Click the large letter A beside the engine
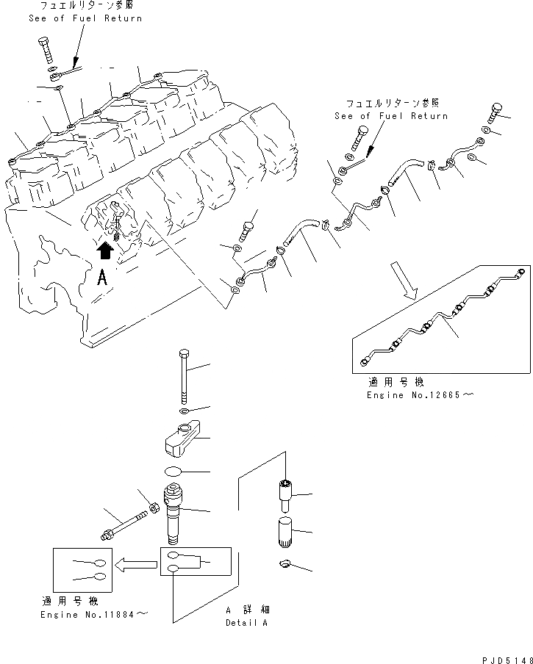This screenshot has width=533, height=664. [103, 278]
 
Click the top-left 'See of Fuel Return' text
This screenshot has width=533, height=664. [85, 18]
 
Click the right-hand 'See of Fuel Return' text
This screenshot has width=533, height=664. [390, 116]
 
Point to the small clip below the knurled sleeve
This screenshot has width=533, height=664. [286, 564]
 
